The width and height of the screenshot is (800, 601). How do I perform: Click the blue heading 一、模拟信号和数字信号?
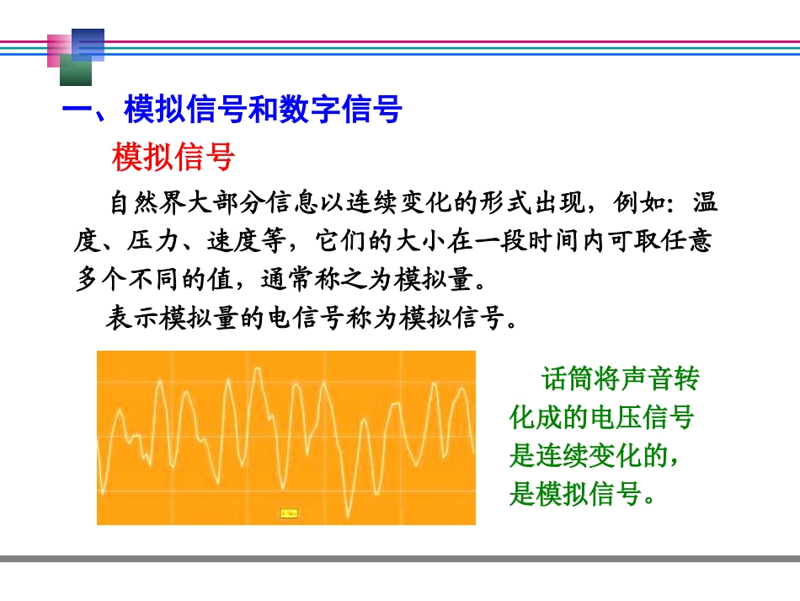click(232, 110)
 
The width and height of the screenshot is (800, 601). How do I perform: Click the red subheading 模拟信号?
click(173, 157)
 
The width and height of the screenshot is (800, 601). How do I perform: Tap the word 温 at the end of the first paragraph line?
click(706, 204)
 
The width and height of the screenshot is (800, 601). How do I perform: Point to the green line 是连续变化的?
click(594, 456)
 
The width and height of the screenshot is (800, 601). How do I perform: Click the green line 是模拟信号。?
click(582, 494)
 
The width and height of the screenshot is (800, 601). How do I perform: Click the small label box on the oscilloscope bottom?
click(289, 512)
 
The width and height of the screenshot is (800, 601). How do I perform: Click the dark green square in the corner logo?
click(76, 73)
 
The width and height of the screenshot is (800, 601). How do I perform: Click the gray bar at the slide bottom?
click(400, 559)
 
